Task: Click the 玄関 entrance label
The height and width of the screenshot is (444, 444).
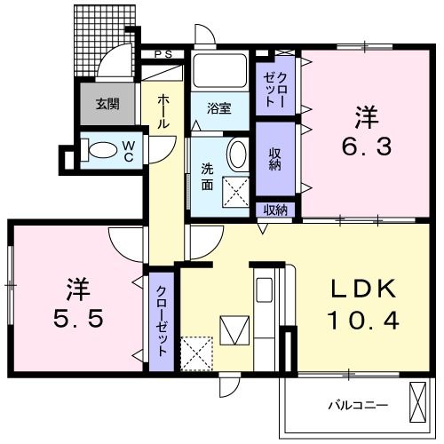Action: [x=107, y=103]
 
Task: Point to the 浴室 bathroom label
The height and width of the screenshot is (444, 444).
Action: [x=219, y=109]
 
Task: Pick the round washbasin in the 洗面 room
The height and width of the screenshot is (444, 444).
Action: [x=238, y=155]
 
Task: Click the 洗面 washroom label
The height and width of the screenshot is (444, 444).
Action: [x=206, y=176]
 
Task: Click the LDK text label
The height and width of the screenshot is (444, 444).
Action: [x=363, y=290]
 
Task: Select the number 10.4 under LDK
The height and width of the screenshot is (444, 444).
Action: [x=363, y=319]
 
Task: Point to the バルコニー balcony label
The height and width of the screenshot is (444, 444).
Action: [x=359, y=405]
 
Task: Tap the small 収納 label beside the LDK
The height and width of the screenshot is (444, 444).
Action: [x=276, y=210]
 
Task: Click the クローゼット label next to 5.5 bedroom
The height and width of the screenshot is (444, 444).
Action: [x=161, y=319]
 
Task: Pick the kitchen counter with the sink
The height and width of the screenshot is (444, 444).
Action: [x=264, y=311]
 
